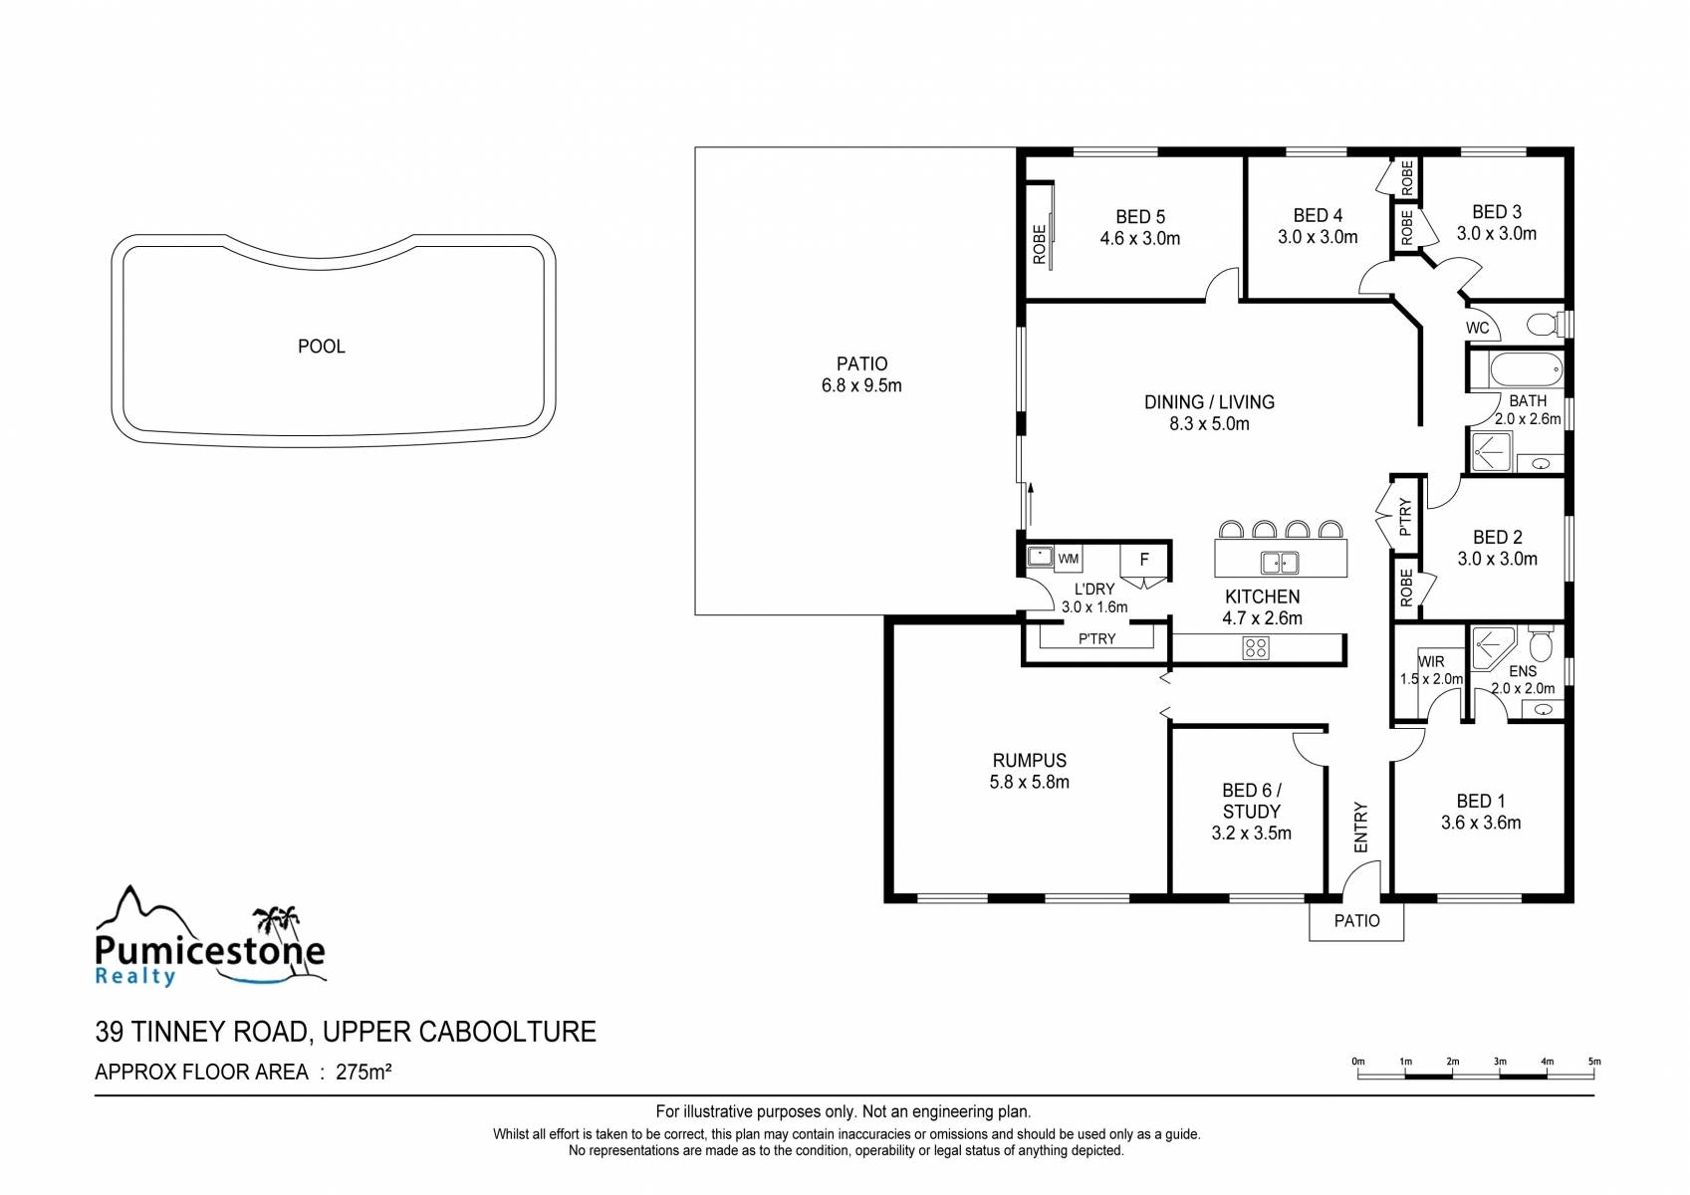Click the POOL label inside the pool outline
(322, 347)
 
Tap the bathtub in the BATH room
(1526, 370)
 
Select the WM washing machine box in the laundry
(1069, 559)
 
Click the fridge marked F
(1144, 560)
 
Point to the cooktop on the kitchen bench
(1256, 647)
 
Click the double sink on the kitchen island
(1280, 562)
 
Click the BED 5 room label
(1140, 217)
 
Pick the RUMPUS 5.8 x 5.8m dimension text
(1029, 783)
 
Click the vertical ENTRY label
(1361, 827)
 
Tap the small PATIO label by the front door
(1356, 920)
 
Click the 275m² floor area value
(363, 1072)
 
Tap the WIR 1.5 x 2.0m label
(1431, 670)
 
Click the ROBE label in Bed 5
(1040, 244)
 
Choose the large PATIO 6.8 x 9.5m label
(861, 374)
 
